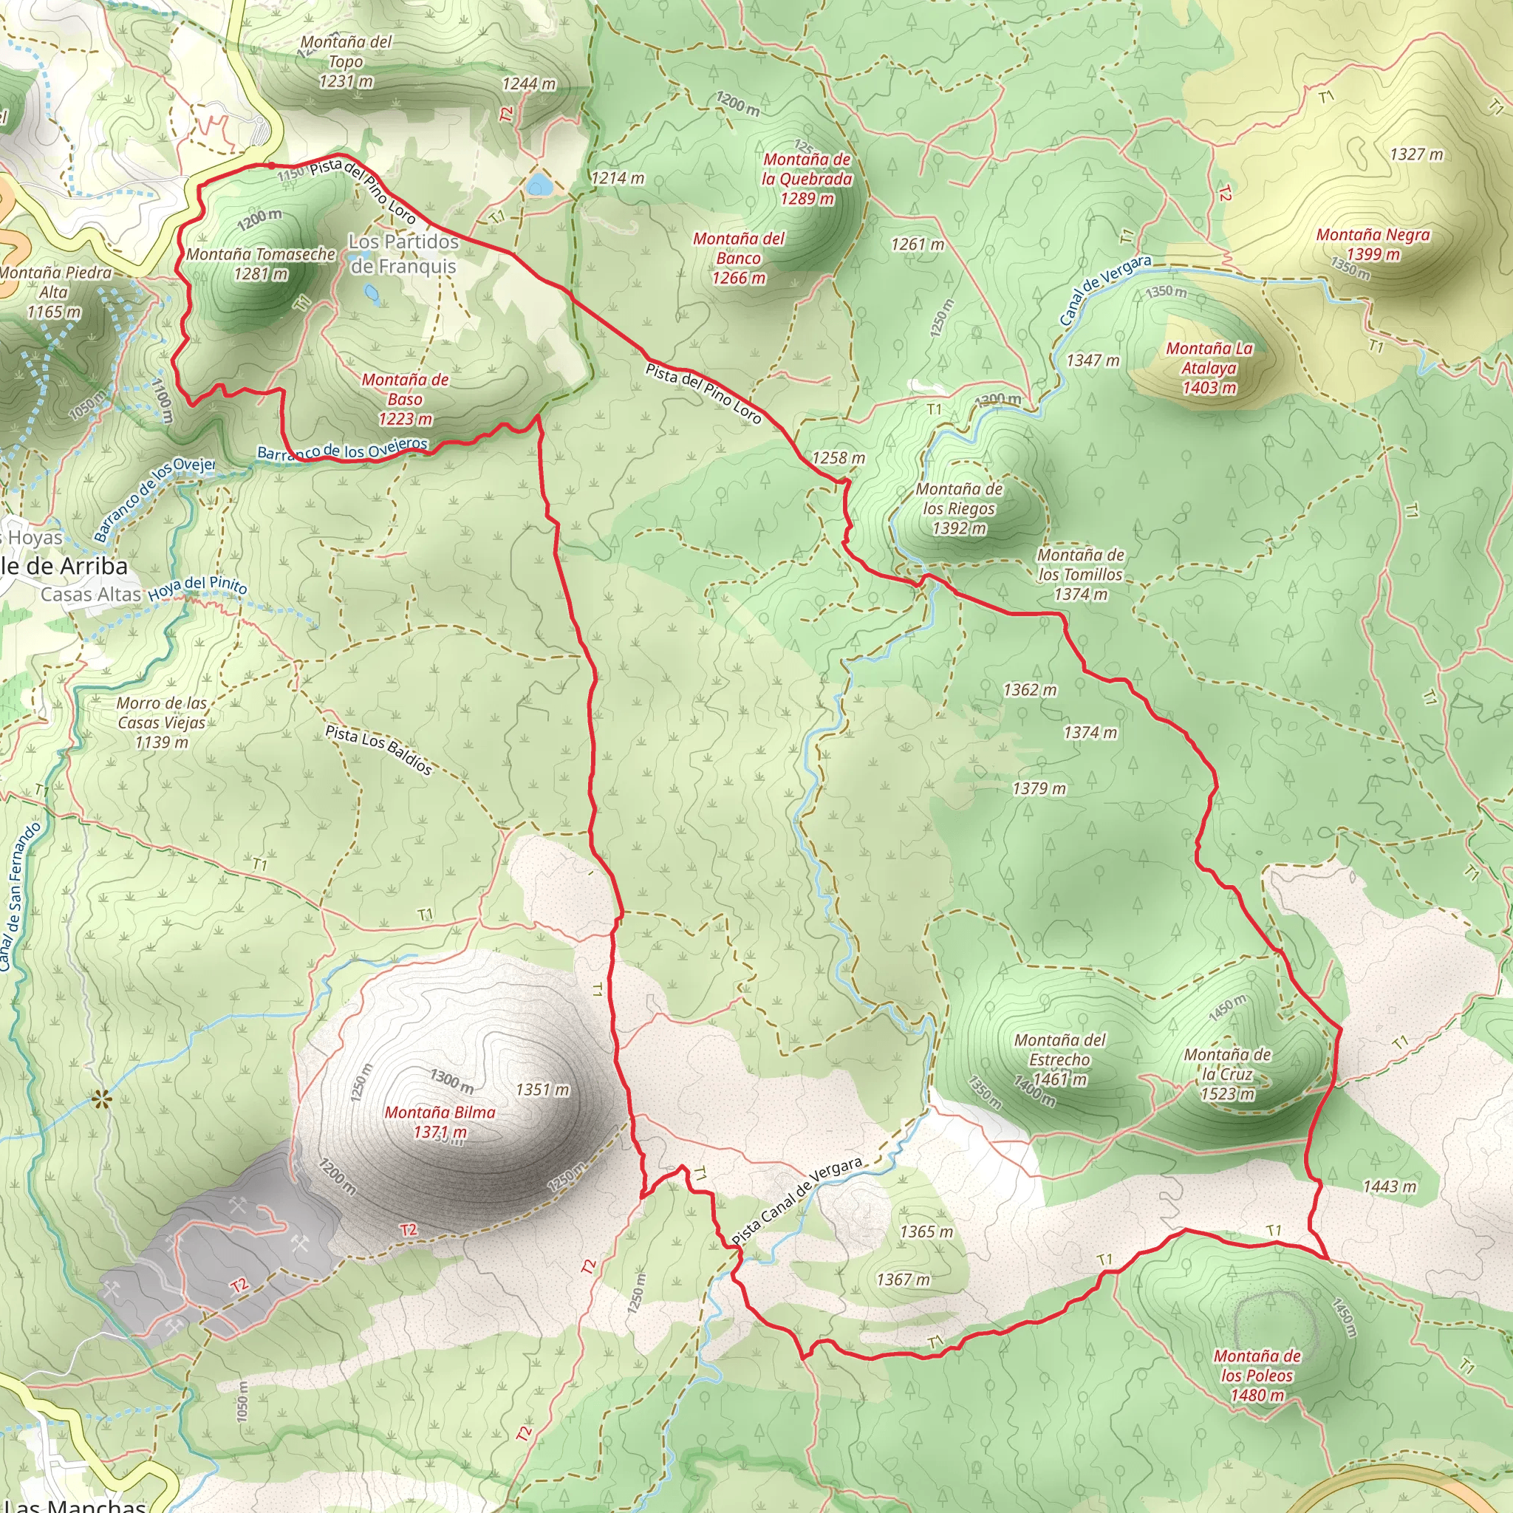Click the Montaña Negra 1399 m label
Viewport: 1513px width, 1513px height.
point(1373,245)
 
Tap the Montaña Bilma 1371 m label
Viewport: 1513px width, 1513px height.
point(440,1121)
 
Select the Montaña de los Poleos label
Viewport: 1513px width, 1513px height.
point(1257,1375)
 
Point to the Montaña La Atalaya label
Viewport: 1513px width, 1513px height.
point(1209,368)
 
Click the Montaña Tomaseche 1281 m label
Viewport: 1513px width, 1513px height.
point(261,264)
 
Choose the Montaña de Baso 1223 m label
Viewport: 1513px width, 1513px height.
point(405,400)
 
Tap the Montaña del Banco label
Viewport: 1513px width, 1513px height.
point(739,259)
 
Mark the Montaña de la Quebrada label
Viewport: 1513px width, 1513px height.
point(807,180)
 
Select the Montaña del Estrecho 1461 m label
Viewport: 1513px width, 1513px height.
point(1059,1059)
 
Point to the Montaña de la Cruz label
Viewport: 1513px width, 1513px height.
point(1227,1074)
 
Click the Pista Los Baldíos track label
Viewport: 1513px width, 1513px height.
point(379,749)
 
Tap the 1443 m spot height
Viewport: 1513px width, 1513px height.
point(1390,1186)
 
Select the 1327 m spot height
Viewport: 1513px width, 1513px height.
point(1416,154)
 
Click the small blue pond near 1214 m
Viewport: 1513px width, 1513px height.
point(538,185)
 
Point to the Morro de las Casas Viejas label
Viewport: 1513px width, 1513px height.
point(162,722)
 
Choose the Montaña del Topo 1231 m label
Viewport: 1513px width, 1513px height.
point(345,61)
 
